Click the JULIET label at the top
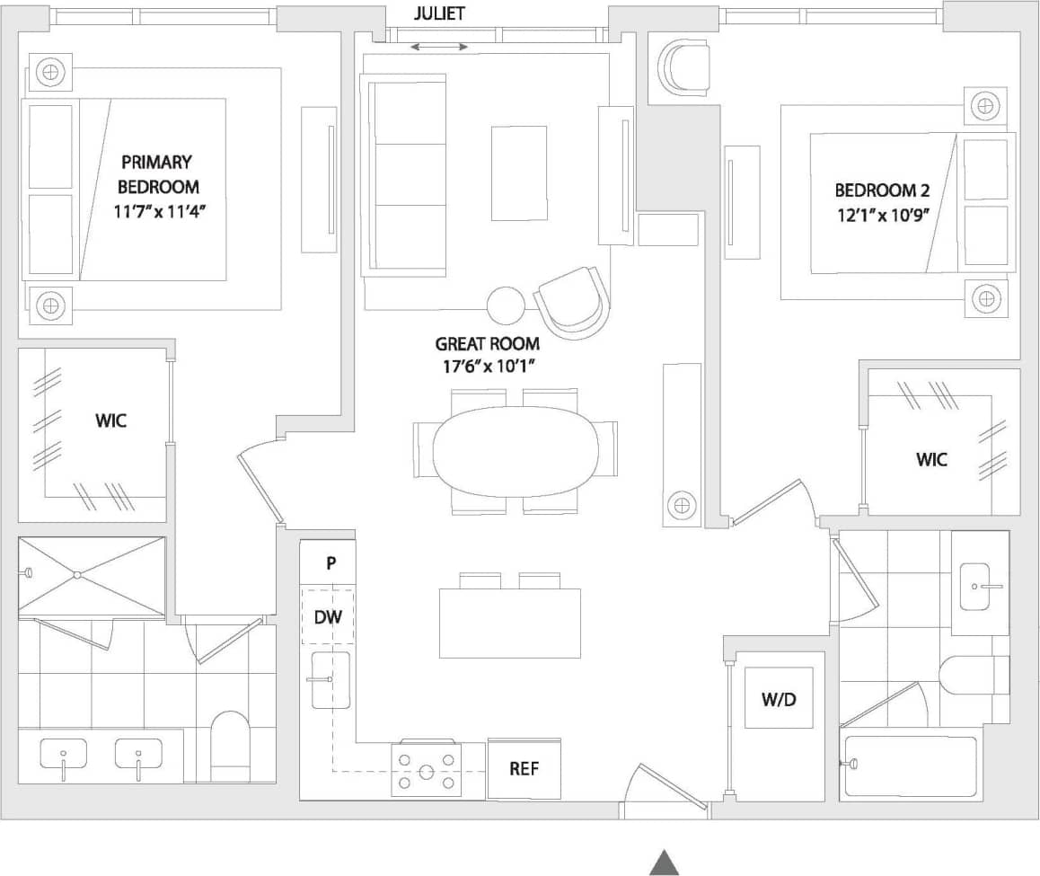pos(439,13)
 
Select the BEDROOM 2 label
pos(882,190)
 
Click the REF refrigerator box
pos(524,769)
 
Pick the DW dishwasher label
pos(327,617)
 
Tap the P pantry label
pos(331,563)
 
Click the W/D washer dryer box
pos(778,699)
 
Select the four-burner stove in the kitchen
pos(427,771)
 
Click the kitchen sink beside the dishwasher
pos(330,680)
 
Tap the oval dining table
pos(515,450)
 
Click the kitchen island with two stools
pos(509,623)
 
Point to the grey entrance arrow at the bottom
pos(664,862)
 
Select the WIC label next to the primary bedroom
pos(110,420)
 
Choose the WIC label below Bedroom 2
pos(931,459)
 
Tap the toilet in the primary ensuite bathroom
pos(229,746)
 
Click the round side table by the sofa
pos(506,305)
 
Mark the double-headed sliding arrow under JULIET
pos(438,47)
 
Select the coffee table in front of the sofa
pos(519,173)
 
